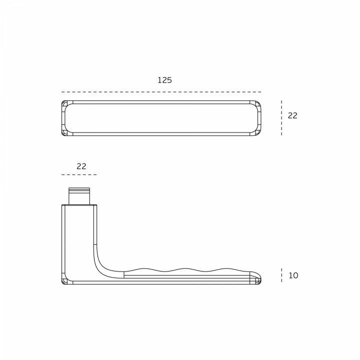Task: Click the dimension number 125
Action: coord(164,80)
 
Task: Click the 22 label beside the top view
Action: coord(292,115)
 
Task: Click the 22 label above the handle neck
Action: coord(81,166)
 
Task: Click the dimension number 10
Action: coord(293,275)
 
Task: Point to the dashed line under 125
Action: coord(161,92)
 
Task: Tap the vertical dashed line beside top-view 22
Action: coord(281,118)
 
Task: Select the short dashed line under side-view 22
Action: coord(79,174)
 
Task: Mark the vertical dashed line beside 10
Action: coord(281,275)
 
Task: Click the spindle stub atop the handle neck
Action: coord(79,196)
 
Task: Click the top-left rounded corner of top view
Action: coord(65,104)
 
